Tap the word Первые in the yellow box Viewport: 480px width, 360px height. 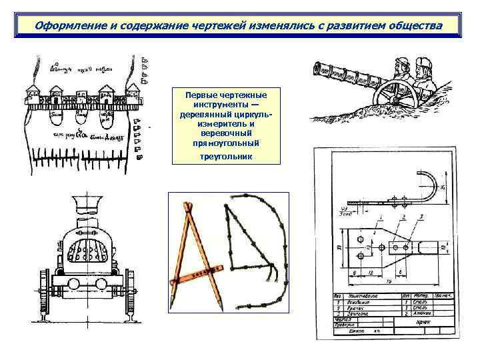[x=205, y=95]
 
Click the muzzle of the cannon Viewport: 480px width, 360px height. [x=319, y=68]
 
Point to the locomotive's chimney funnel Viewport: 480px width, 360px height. [x=85, y=203]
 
